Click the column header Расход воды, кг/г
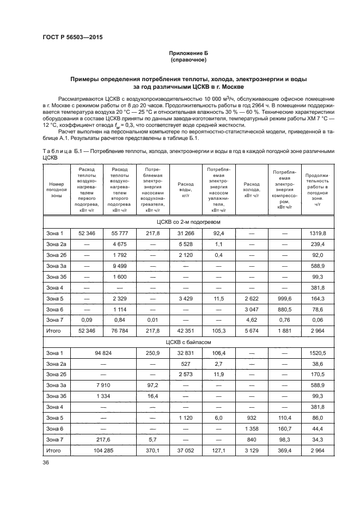pyautogui.click(x=186, y=187)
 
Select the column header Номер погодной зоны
pyautogui.click(x=56, y=187)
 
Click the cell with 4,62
pyautogui.click(x=252, y=320)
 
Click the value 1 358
pyautogui.click(x=252, y=428)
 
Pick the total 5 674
pyautogui.click(x=252, y=330)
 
